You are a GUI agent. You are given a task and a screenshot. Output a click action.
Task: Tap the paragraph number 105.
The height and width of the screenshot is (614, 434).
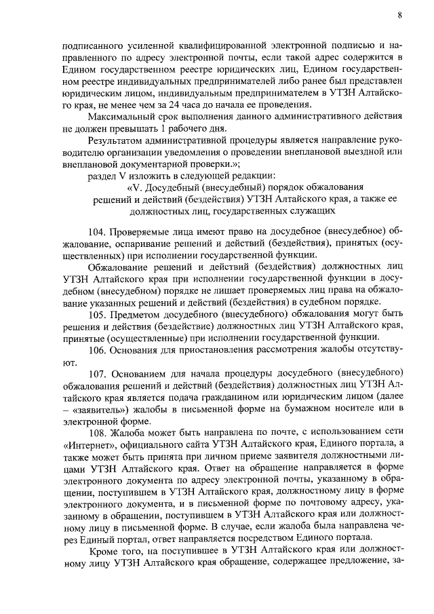(99, 314)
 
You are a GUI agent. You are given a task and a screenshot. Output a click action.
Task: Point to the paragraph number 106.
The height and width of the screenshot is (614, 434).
(99, 350)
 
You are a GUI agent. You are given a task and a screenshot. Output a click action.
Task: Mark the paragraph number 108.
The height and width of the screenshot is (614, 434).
(99, 433)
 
